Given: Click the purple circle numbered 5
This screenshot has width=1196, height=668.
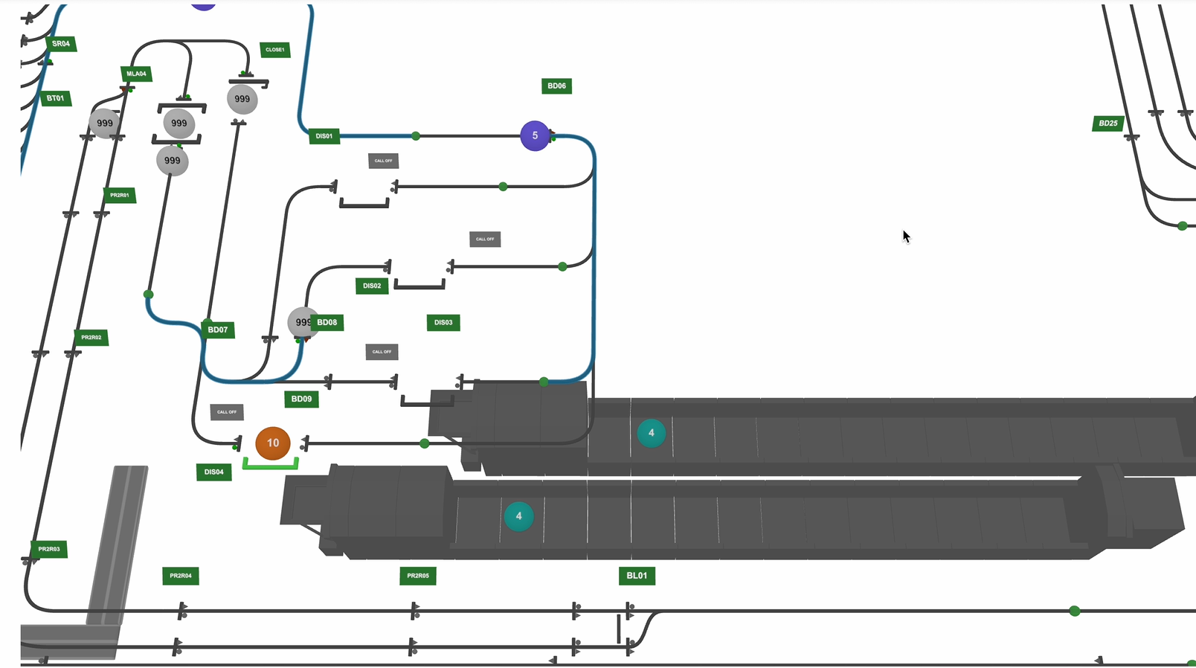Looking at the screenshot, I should pyautogui.click(x=535, y=135).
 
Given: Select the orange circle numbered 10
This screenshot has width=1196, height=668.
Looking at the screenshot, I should pyautogui.click(x=273, y=443).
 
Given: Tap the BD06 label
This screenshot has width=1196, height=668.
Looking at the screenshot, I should pyautogui.click(x=556, y=86).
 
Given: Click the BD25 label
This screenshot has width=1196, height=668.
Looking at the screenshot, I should pyautogui.click(x=1107, y=123).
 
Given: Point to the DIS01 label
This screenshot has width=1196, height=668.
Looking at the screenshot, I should pyautogui.click(x=324, y=136).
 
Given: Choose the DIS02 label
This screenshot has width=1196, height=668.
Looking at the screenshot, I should pyautogui.click(x=372, y=286).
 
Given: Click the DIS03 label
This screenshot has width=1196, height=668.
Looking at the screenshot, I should pyautogui.click(x=443, y=322).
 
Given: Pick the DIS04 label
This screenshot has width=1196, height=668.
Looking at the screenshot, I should pyautogui.click(x=214, y=472).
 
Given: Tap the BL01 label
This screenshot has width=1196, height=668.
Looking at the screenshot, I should pyautogui.click(x=637, y=575).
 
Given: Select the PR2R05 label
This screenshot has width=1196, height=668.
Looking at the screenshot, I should pyautogui.click(x=418, y=575).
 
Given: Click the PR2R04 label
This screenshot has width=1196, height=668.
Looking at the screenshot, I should pyautogui.click(x=181, y=575).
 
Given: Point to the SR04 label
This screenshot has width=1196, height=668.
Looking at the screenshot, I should pyautogui.click(x=61, y=44).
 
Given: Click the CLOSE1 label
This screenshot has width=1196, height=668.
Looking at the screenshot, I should pyautogui.click(x=275, y=50).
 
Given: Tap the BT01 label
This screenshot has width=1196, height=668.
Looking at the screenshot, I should pyautogui.click(x=56, y=98).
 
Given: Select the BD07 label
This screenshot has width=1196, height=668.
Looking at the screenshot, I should pyautogui.click(x=218, y=330).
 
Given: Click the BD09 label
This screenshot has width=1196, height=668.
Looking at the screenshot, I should pyautogui.click(x=301, y=399).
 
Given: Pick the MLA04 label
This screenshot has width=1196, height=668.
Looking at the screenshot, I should pyautogui.click(x=137, y=74).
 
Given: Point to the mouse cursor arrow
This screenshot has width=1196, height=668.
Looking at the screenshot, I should pyautogui.click(x=906, y=237).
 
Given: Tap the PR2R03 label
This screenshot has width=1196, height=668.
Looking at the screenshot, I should pyautogui.click(x=49, y=549).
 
